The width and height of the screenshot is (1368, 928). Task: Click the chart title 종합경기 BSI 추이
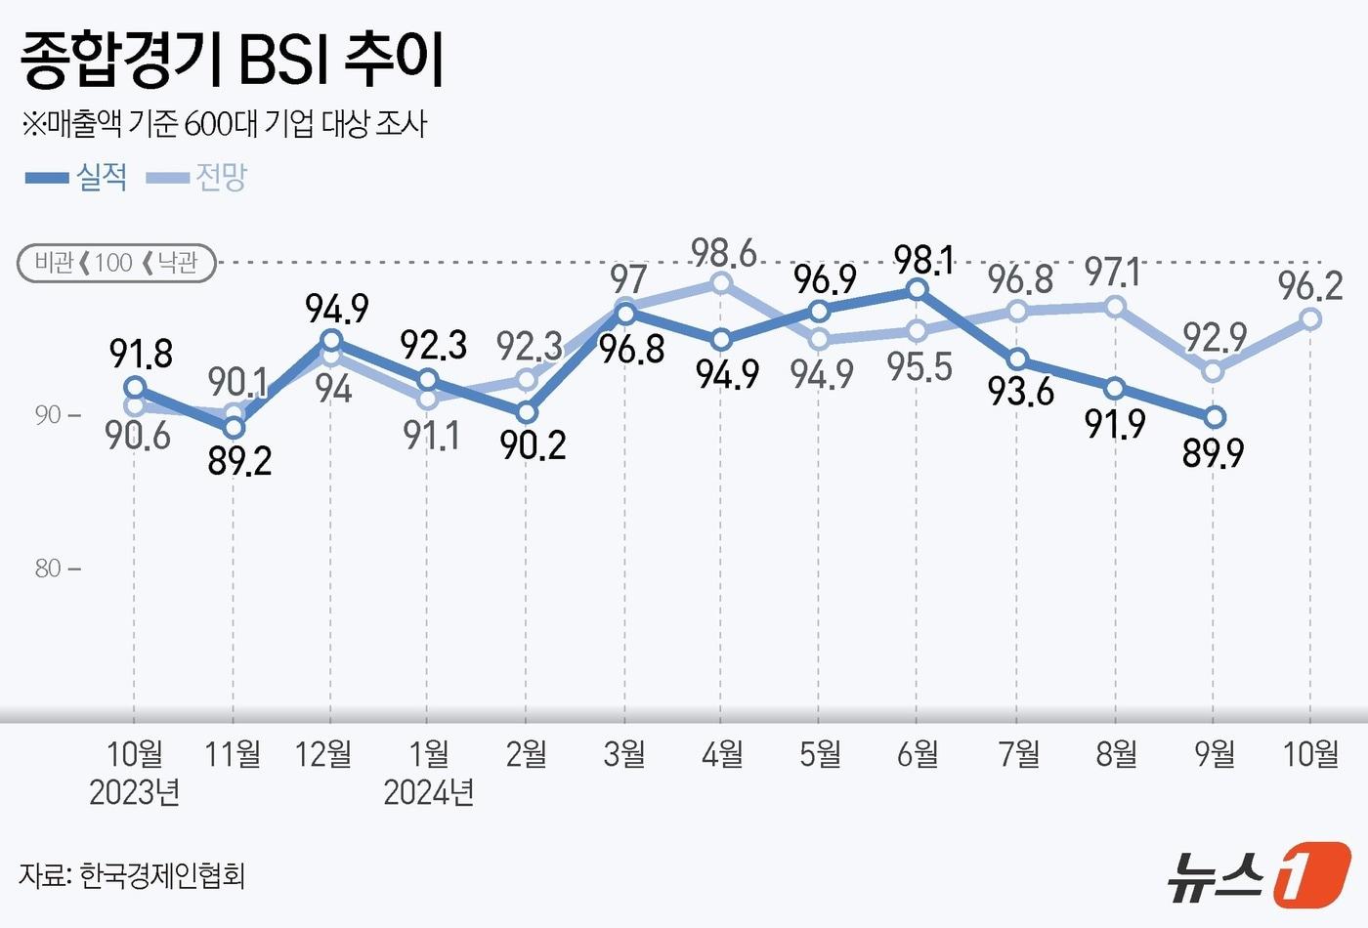(233, 61)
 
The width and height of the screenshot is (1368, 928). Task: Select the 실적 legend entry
(77, 177)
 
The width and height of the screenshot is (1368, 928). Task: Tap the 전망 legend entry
(198, 177)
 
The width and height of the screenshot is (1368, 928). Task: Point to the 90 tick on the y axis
(49, 415)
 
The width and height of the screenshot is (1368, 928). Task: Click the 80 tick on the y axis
(49, 569)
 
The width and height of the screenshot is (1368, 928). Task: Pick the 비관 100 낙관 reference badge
(116, 263)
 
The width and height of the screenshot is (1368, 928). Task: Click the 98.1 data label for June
(924, 261)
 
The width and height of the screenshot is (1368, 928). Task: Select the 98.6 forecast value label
(724, 253)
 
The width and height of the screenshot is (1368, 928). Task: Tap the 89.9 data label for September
(1213, 453)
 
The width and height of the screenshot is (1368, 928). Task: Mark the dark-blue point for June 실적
(917, 289)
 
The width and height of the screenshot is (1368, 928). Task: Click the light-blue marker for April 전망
(721, 283)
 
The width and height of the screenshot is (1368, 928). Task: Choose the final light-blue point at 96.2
(1311, 318)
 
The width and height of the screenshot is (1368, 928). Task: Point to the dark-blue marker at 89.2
(234, 427)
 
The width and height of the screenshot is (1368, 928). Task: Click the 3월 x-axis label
(624, 753)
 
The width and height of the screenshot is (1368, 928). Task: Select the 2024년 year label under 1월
(428, 792)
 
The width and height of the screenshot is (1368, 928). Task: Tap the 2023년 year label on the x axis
(135, 792)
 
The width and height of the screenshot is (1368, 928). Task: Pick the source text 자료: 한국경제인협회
(132, 874)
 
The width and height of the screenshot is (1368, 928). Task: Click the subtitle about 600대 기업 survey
(225, 124)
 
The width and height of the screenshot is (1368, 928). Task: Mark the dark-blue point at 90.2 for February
(527, 412)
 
